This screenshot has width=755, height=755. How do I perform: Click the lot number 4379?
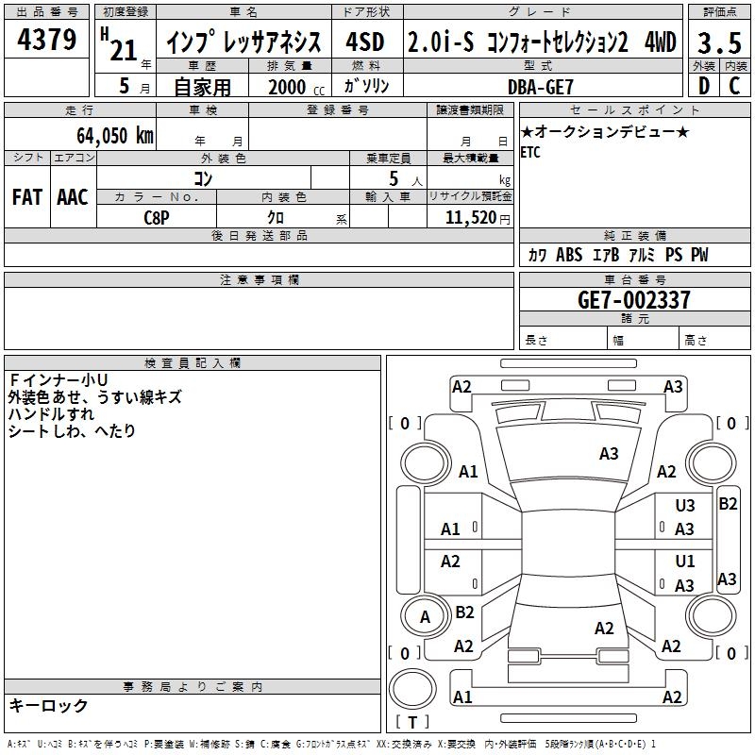46,39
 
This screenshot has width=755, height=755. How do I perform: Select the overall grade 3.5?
719,42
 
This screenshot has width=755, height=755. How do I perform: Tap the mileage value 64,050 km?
115,135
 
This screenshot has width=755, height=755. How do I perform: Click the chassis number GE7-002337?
633,299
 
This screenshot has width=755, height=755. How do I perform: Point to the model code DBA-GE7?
540,87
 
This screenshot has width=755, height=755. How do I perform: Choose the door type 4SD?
365,42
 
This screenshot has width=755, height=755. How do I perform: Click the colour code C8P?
157,218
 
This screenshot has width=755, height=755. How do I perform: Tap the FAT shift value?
27,197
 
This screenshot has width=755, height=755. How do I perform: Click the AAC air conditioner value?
73,197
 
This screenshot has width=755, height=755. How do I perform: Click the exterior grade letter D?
704,86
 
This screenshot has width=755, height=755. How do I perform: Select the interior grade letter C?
734,86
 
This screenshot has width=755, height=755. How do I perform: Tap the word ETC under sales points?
530,152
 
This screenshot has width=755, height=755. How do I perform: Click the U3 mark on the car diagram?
685,505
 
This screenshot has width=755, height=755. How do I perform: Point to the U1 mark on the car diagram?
685,561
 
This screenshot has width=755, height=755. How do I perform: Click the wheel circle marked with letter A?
425,616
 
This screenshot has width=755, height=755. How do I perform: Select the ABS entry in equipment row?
569,254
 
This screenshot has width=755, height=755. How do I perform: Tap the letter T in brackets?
412,722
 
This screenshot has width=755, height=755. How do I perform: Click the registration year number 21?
124,50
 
